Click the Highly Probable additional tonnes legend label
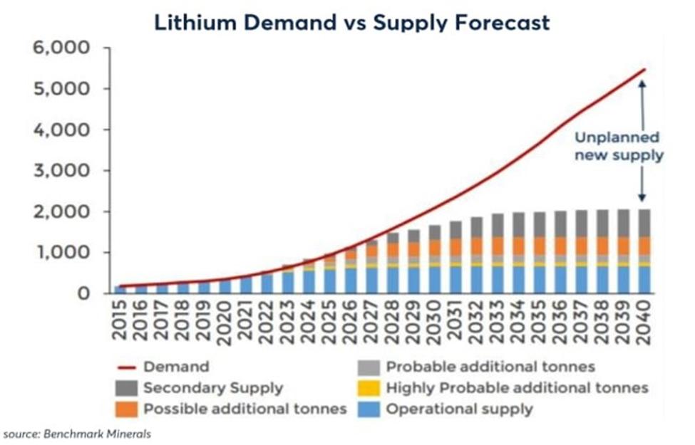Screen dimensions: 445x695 [x=517, y=389]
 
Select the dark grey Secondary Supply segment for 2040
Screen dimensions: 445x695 [x=643, y=223]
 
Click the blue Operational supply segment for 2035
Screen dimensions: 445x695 [x=538, y=280]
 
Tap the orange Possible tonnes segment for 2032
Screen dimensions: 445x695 [x=475, y=246]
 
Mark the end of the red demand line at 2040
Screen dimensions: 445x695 [x=644, y=70]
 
